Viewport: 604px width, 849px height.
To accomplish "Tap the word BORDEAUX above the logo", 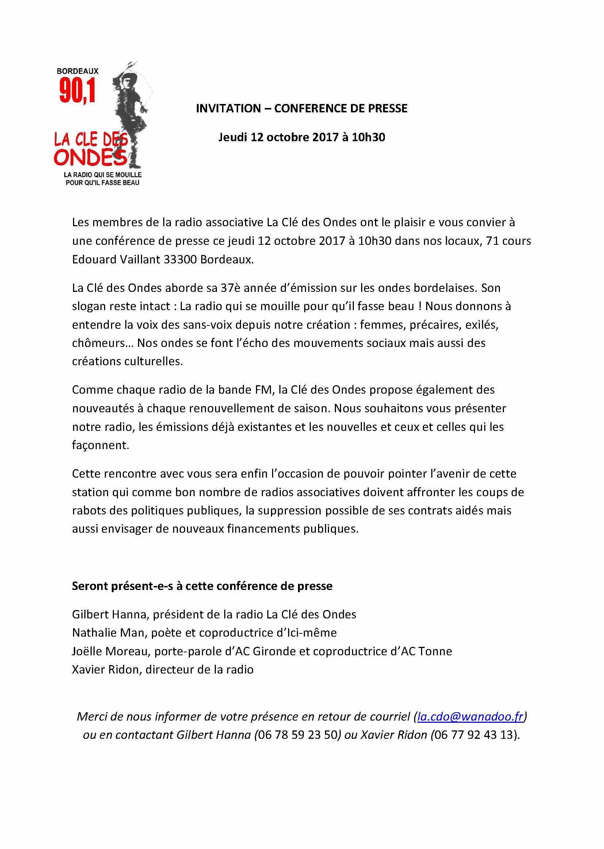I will pos(77,71).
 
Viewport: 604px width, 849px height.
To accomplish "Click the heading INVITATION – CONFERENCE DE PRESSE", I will pos(302,108).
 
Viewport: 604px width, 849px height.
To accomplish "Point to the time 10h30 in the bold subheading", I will pos(368,137).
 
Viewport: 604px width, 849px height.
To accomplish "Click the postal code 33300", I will pos(180,259).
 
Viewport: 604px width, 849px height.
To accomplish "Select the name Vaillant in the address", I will pos(139,259).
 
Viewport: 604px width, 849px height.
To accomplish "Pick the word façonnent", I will pos(100,445).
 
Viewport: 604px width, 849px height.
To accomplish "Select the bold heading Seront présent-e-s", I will pos(202,586).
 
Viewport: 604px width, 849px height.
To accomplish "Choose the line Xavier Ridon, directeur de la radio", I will pos(163,669).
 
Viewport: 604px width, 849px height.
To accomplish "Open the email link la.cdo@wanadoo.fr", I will pos(470,716).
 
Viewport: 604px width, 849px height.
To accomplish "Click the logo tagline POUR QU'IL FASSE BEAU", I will pos(102,182).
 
